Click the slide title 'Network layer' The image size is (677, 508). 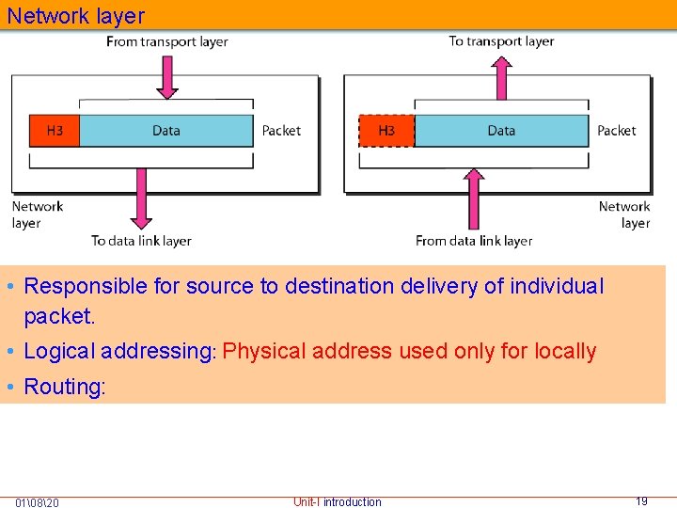(x=76, y=16)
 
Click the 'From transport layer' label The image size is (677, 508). (x=166, y=41)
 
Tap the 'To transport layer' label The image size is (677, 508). (x=501, y=41)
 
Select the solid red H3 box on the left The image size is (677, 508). (x=55, y=131)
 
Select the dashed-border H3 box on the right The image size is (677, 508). (x=386, y=131)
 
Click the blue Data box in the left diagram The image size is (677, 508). (x=166, y=131)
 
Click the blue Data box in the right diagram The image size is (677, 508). (x=501, y=131)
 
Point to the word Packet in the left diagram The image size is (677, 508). (x=281, y=131)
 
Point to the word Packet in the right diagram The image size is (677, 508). (x=617, y=131)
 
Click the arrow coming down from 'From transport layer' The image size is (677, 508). (x=166, y=75)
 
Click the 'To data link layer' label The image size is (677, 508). (x=141, y=241)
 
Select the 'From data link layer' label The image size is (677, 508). (x=474, y=241)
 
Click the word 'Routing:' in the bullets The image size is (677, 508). (x=65, y=387)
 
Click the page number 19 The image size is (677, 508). (x=641, y=501)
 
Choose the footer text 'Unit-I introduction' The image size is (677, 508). (x=338, y=502)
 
